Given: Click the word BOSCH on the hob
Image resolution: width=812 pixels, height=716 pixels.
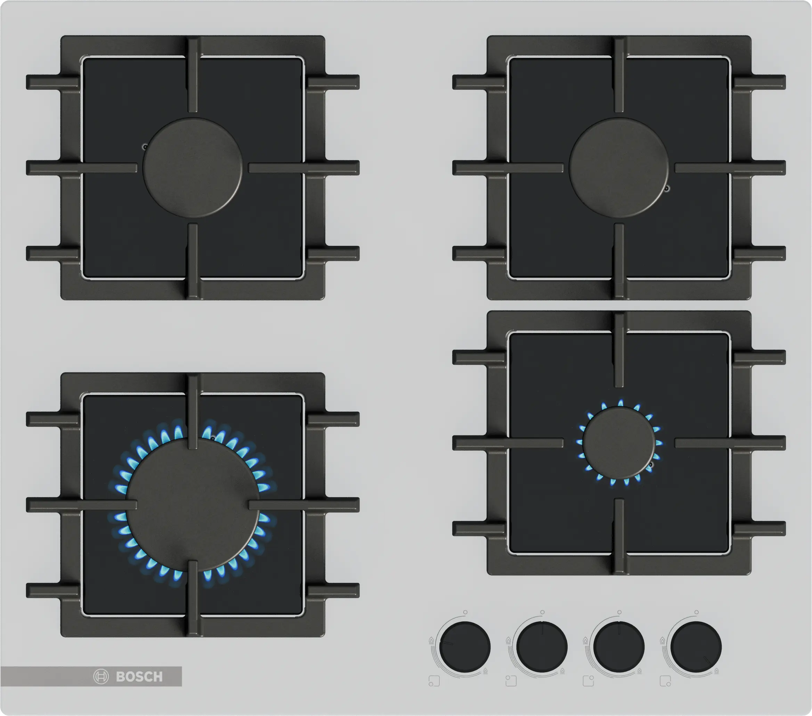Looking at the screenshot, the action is coord(139,676).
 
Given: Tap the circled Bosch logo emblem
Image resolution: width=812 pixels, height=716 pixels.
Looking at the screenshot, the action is coord(101,676).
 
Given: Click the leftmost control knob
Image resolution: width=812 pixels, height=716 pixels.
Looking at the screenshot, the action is coord(465,647).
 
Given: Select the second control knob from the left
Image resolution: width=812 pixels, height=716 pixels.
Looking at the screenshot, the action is coord(542,647).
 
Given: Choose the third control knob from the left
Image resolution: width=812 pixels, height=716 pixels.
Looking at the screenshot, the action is coord(619,647).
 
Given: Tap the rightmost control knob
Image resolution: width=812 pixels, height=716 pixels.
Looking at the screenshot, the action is coord(696,647).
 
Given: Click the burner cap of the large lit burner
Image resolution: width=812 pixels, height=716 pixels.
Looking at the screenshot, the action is coord(193,505).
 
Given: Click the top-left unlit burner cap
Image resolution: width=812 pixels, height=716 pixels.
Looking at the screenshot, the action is coord(193,168).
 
